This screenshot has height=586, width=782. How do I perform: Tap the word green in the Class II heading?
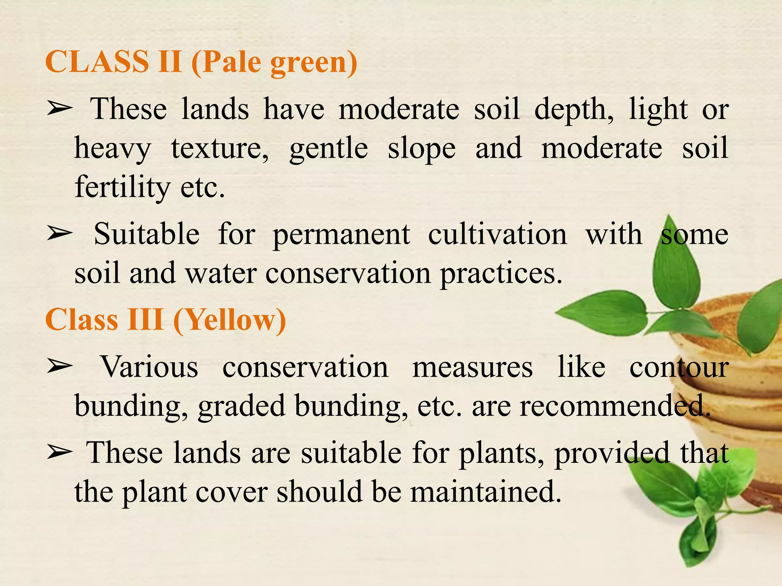[313, 63]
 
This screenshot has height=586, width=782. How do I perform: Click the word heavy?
[113, 150]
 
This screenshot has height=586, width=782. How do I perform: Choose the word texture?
[220, 149]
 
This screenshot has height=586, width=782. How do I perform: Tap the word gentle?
[328, 150]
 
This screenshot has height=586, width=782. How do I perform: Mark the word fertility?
[122, 188]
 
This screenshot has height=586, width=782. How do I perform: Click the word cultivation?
[497, 234]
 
